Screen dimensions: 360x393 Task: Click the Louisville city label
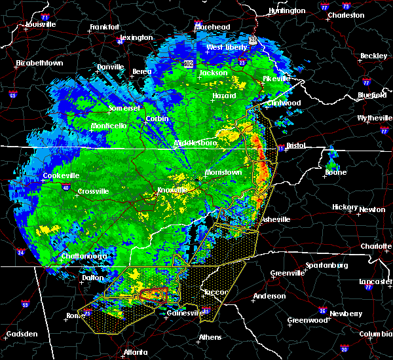coord(40,25)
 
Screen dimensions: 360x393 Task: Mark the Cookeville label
coord(60,175)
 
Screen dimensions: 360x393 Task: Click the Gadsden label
coord(20,334)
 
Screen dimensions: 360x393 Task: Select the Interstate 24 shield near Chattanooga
coord(20,252)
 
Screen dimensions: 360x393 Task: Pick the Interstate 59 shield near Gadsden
coord(26,304)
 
